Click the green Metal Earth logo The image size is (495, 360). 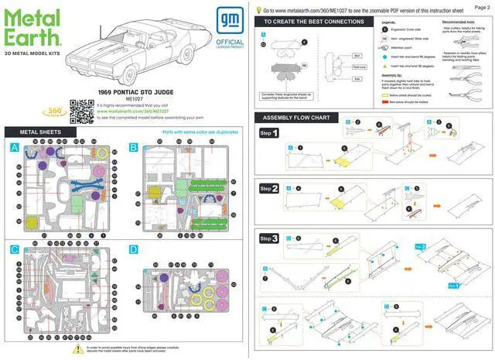[x=32, y=29]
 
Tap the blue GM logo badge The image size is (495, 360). [x=230, y=24]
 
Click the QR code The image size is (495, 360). [x=82, y=112]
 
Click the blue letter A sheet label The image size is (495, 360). [x=15, y=146]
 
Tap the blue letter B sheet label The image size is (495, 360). [x=134, y=146]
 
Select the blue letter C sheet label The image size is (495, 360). [x=15, y=249]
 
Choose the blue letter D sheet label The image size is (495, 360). [x=134, y=249]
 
